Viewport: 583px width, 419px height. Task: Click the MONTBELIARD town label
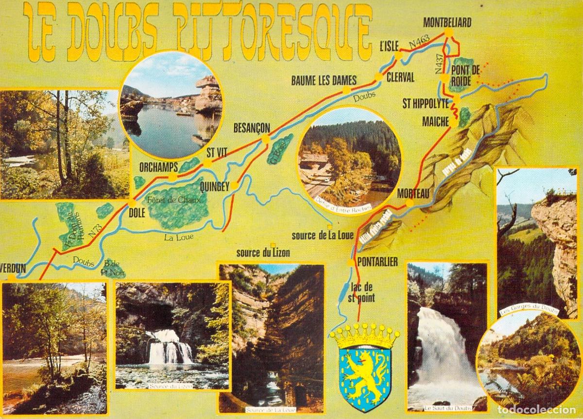[x=447, y=22]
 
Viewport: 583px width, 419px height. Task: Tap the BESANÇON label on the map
[x=251, y=128]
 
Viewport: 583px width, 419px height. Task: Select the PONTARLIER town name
[x=377, y=262]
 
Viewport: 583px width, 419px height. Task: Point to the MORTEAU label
[x=413, y=193]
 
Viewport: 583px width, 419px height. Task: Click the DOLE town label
[x=137, y=211]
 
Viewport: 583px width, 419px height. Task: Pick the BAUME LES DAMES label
[x=324, y=80]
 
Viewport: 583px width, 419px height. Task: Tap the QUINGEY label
[x=214, y=185]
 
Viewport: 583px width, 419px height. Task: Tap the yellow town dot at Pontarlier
[x=350, y=263]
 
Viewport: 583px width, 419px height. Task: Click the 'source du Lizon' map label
[x=263, y=253]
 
